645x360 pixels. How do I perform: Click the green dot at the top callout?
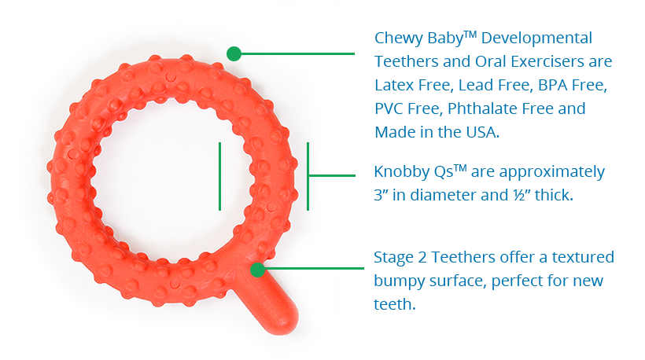[x=234, y=53]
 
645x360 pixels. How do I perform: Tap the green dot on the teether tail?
[x=257, y=270]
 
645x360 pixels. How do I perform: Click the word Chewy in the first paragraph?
[x=399, y=39]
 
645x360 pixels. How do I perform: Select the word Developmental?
[x=536, y=39]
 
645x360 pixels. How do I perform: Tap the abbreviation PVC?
[x=388, y=109]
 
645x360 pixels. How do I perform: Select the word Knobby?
[x=401, y=172]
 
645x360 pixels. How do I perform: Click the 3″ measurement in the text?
[x=381, y=195]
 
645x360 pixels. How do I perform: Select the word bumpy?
[x=399, y=281]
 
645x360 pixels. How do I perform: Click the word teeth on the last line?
[x=395, y=304]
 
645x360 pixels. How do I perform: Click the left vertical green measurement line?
[x=220, y=176]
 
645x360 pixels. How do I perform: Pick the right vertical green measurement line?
[x=308, y=176]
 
